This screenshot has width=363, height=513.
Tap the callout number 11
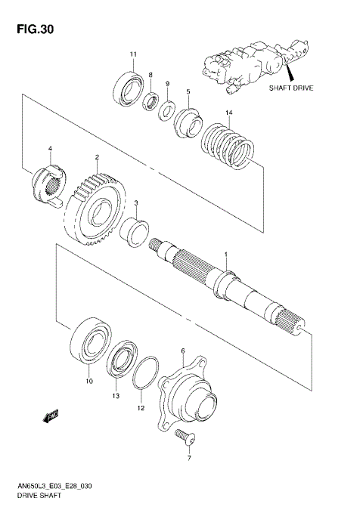[133, 54]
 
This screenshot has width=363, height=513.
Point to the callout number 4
[50, 148]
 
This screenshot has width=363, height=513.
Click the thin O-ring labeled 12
[145, 375]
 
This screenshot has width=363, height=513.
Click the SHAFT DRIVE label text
[290, 87]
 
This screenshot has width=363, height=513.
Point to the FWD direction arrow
[52, 415]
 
